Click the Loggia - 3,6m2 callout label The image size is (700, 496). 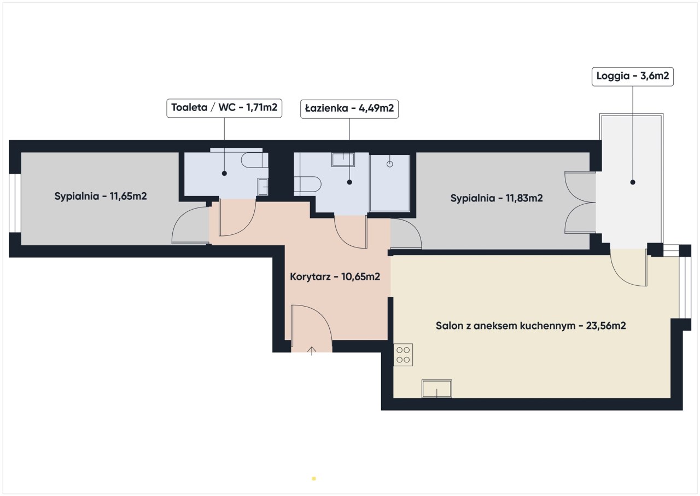click(633, 76)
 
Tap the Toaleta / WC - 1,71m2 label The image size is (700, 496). click(224, 108)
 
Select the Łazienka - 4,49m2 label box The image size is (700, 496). click(349, 108)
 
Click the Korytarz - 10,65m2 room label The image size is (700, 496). click(335, 276)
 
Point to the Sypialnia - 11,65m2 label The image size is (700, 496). click(101, 196)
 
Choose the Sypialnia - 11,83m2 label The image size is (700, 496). click(497, 198)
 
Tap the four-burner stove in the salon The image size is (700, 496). click(403, 355)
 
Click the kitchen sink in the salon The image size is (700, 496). click(436, 389)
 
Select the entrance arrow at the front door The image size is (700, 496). click(312, 351)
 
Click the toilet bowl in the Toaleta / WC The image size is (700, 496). click(254, 160)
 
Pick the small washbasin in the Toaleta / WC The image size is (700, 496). click(263, 187)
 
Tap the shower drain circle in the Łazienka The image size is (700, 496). click(389, 164)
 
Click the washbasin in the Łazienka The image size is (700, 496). click(343, 159)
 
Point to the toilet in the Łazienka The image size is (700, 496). click(307, 184)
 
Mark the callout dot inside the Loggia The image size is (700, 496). click(633, 182)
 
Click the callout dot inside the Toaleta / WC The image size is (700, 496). click(224, 173)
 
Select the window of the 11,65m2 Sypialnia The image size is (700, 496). click(15, 203)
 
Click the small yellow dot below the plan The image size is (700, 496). click(314, 478)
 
